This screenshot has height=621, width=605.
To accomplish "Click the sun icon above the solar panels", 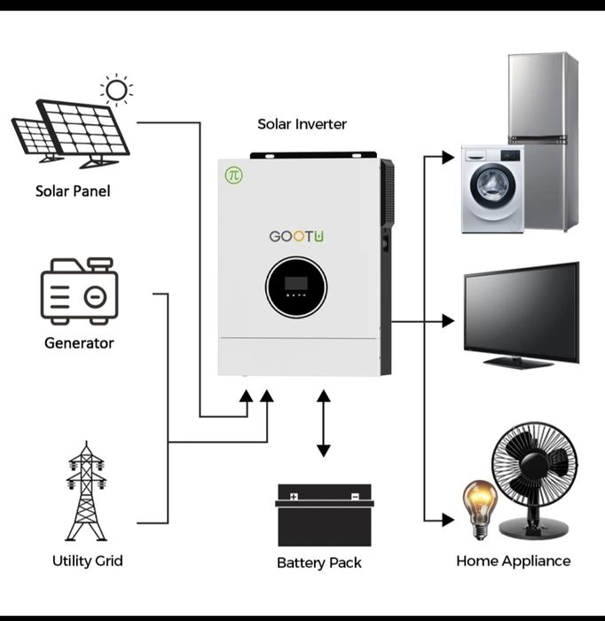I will point(116,89).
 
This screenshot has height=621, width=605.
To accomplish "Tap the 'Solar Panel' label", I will point(73,191).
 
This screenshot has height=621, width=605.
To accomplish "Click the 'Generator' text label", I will point(79,342).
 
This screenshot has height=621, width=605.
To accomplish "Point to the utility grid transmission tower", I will point(86,493).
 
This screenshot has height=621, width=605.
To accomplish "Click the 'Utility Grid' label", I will point(87,561).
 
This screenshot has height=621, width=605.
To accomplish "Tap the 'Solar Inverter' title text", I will point(302,124).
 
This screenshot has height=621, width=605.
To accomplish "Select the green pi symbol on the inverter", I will point(233,175).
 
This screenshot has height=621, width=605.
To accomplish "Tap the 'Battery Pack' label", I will point(319,562).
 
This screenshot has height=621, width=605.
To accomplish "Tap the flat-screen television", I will point(522,312).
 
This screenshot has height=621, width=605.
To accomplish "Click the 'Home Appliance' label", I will point(513,561).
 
